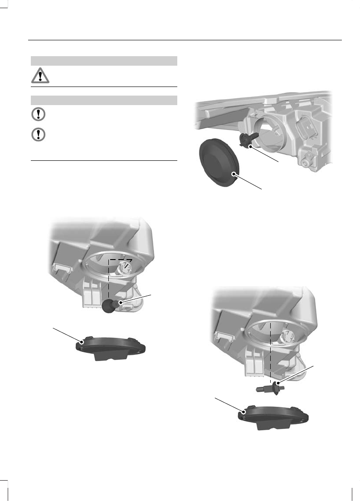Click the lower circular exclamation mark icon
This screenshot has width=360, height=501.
pyautogui.click(x=39, y=135)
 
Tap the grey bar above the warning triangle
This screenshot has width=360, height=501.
pyautogui.click(x=103, y=61)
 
